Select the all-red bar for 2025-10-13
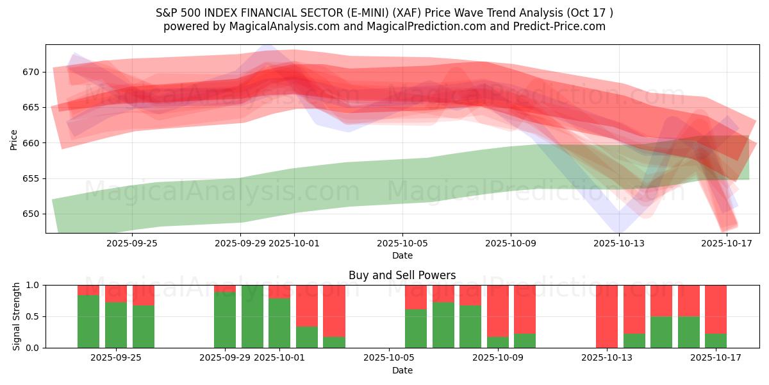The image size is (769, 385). click(607, 316)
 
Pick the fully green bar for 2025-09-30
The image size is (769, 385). click(252, 316)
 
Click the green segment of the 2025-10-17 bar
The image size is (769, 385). click(716, 341)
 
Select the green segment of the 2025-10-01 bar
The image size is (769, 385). click(279, 323)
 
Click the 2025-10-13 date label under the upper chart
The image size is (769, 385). click(619, 243)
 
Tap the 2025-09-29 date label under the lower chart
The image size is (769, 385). click(225, 358)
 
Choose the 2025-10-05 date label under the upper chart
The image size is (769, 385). click(402, 243)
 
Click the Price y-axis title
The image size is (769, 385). click(13, 139)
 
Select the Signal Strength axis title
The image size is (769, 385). click(17, 316)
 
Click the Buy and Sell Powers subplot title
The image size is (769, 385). click(402, 275)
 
